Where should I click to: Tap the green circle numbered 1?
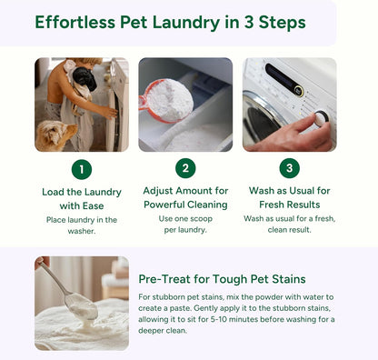click(x=81, y=169)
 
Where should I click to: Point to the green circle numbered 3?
click(x=290, y=169)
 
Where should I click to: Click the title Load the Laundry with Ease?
click(x=81, y=198)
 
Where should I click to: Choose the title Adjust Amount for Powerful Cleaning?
click(x=185, y=198)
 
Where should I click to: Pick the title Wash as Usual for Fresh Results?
click(x=290, y=198)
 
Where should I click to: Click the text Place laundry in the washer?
click(x=81, y=225)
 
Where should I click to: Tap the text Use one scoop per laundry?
click(x=185, y=225)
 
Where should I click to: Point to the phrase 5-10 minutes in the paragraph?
click(x=255, y=319)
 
